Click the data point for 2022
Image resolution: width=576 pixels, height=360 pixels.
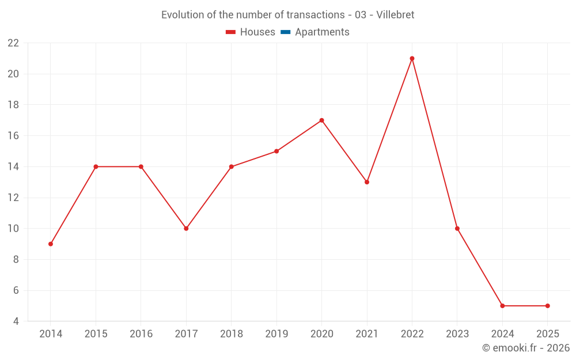tap(412, 58)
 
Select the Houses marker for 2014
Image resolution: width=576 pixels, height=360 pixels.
tap(51, 244)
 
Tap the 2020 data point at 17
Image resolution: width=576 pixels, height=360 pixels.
tap(321, 120)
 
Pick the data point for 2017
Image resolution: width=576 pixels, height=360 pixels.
tap(186, 229)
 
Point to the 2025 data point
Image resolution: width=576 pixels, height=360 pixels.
tap(547, 306)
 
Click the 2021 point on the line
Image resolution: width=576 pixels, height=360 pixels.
tap(367, 182)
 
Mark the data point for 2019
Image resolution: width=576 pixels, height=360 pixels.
tap(276, 151)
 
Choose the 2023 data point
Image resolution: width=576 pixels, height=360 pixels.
tap(457, 229)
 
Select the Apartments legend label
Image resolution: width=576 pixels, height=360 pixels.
tap(322, 32)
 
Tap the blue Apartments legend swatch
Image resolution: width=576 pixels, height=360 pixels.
tap(285, 32)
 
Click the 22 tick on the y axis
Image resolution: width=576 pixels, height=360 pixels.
tap(13, 43)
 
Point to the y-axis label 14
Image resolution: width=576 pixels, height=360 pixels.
tap(13, 167)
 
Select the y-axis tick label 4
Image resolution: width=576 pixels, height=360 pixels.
tap(16, 321)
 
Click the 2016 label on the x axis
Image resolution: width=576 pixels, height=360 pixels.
tap(141, 334)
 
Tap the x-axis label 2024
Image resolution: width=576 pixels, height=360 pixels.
tap(502, 334)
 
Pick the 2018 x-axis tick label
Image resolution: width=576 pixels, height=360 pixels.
tap(231, 334)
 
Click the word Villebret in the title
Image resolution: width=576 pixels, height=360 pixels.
tap(395, 15)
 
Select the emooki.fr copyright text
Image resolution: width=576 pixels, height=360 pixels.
tap(525, 348)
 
